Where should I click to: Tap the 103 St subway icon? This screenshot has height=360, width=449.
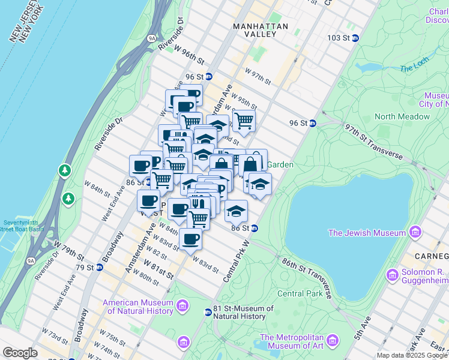355,38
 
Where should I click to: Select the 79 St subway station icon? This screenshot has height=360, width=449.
99,267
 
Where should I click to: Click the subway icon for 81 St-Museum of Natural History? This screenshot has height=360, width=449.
208,312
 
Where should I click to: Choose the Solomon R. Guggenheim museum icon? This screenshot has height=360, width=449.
393,275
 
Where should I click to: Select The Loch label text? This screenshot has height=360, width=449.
415,68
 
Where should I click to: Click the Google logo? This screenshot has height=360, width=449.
20,353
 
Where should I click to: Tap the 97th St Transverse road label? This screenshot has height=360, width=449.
373,141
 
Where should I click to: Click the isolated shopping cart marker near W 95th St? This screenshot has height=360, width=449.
244,120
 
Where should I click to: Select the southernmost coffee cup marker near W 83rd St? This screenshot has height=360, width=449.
190,239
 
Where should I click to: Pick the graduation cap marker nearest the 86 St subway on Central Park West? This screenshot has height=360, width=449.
237,211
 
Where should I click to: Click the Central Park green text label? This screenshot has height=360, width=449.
301,294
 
